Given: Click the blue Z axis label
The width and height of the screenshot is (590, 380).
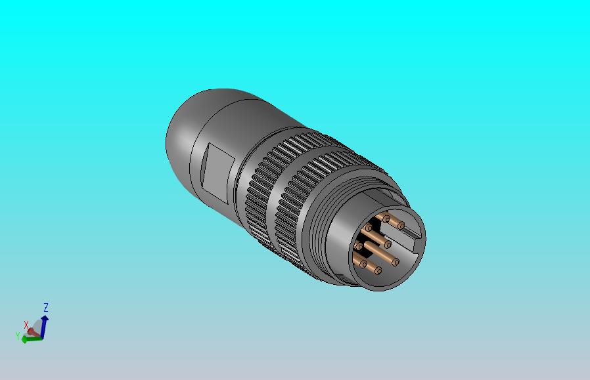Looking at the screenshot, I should (46, 307).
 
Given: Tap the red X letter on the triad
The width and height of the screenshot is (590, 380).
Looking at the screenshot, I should (26, 324).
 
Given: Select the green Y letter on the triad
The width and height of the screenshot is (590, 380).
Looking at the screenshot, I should (18, 335).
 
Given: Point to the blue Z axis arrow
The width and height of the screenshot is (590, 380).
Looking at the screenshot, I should (44, 323).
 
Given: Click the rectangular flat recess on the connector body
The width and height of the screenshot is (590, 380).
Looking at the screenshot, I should (216, 169).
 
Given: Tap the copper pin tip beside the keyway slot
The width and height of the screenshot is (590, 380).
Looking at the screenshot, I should (400, 225).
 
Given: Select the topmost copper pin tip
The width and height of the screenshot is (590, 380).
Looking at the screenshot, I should (386, 219).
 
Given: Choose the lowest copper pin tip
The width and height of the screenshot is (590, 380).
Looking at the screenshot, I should (378, 270).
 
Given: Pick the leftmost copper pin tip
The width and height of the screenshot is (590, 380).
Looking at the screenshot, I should (359, 247).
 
